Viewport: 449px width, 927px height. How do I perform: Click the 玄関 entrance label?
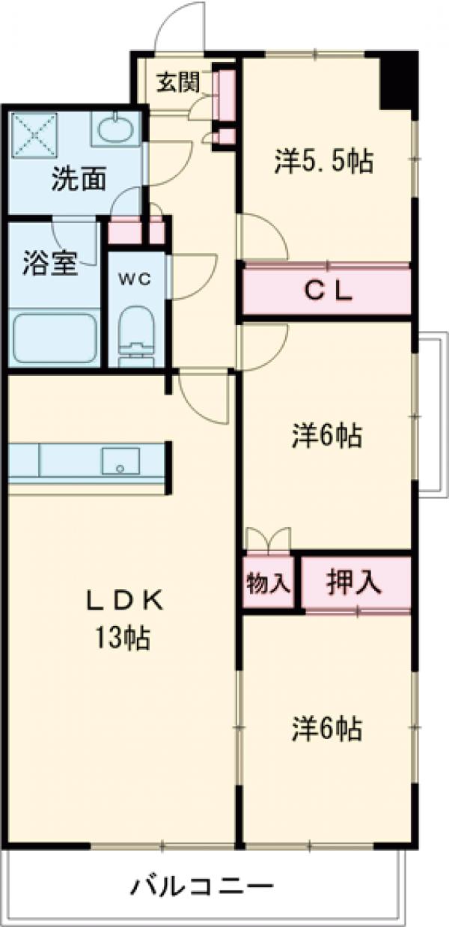point(177,81)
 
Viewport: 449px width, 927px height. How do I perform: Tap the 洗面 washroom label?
point(78,180)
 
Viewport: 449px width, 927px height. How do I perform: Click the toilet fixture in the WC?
point(136,335)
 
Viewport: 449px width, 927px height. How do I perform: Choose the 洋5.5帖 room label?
point(323,161)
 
